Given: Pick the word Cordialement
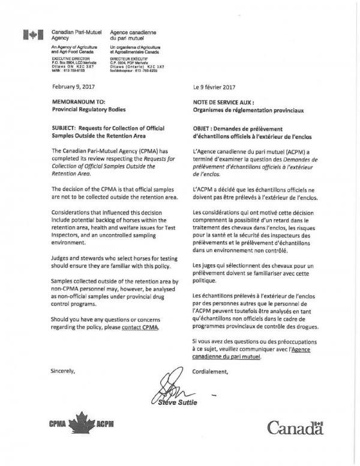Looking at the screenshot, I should pos(211,371).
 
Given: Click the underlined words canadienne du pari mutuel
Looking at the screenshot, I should pos(227,357).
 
